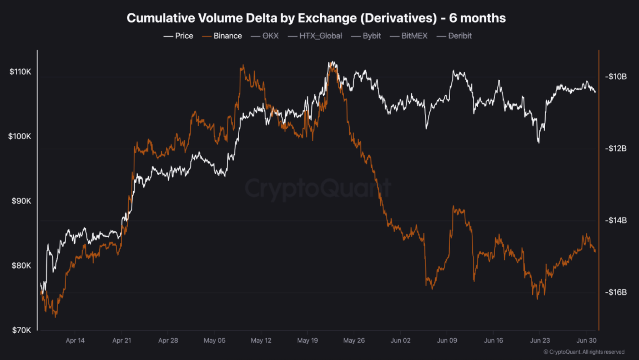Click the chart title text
coord(316,18)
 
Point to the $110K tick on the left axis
coord(20,72)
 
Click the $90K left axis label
coord(21,201)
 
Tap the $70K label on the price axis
coord(21,330)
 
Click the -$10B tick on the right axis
coord(616,76)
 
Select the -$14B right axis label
coord(616,220)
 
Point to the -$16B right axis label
coord(616,292)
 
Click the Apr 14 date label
coord(75,340)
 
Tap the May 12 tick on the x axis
coord(261,340)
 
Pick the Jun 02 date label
coord(400,340)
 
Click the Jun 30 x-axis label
coord(586,340)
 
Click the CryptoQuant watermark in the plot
coord(318,188)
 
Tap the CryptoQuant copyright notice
coord(584,352)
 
